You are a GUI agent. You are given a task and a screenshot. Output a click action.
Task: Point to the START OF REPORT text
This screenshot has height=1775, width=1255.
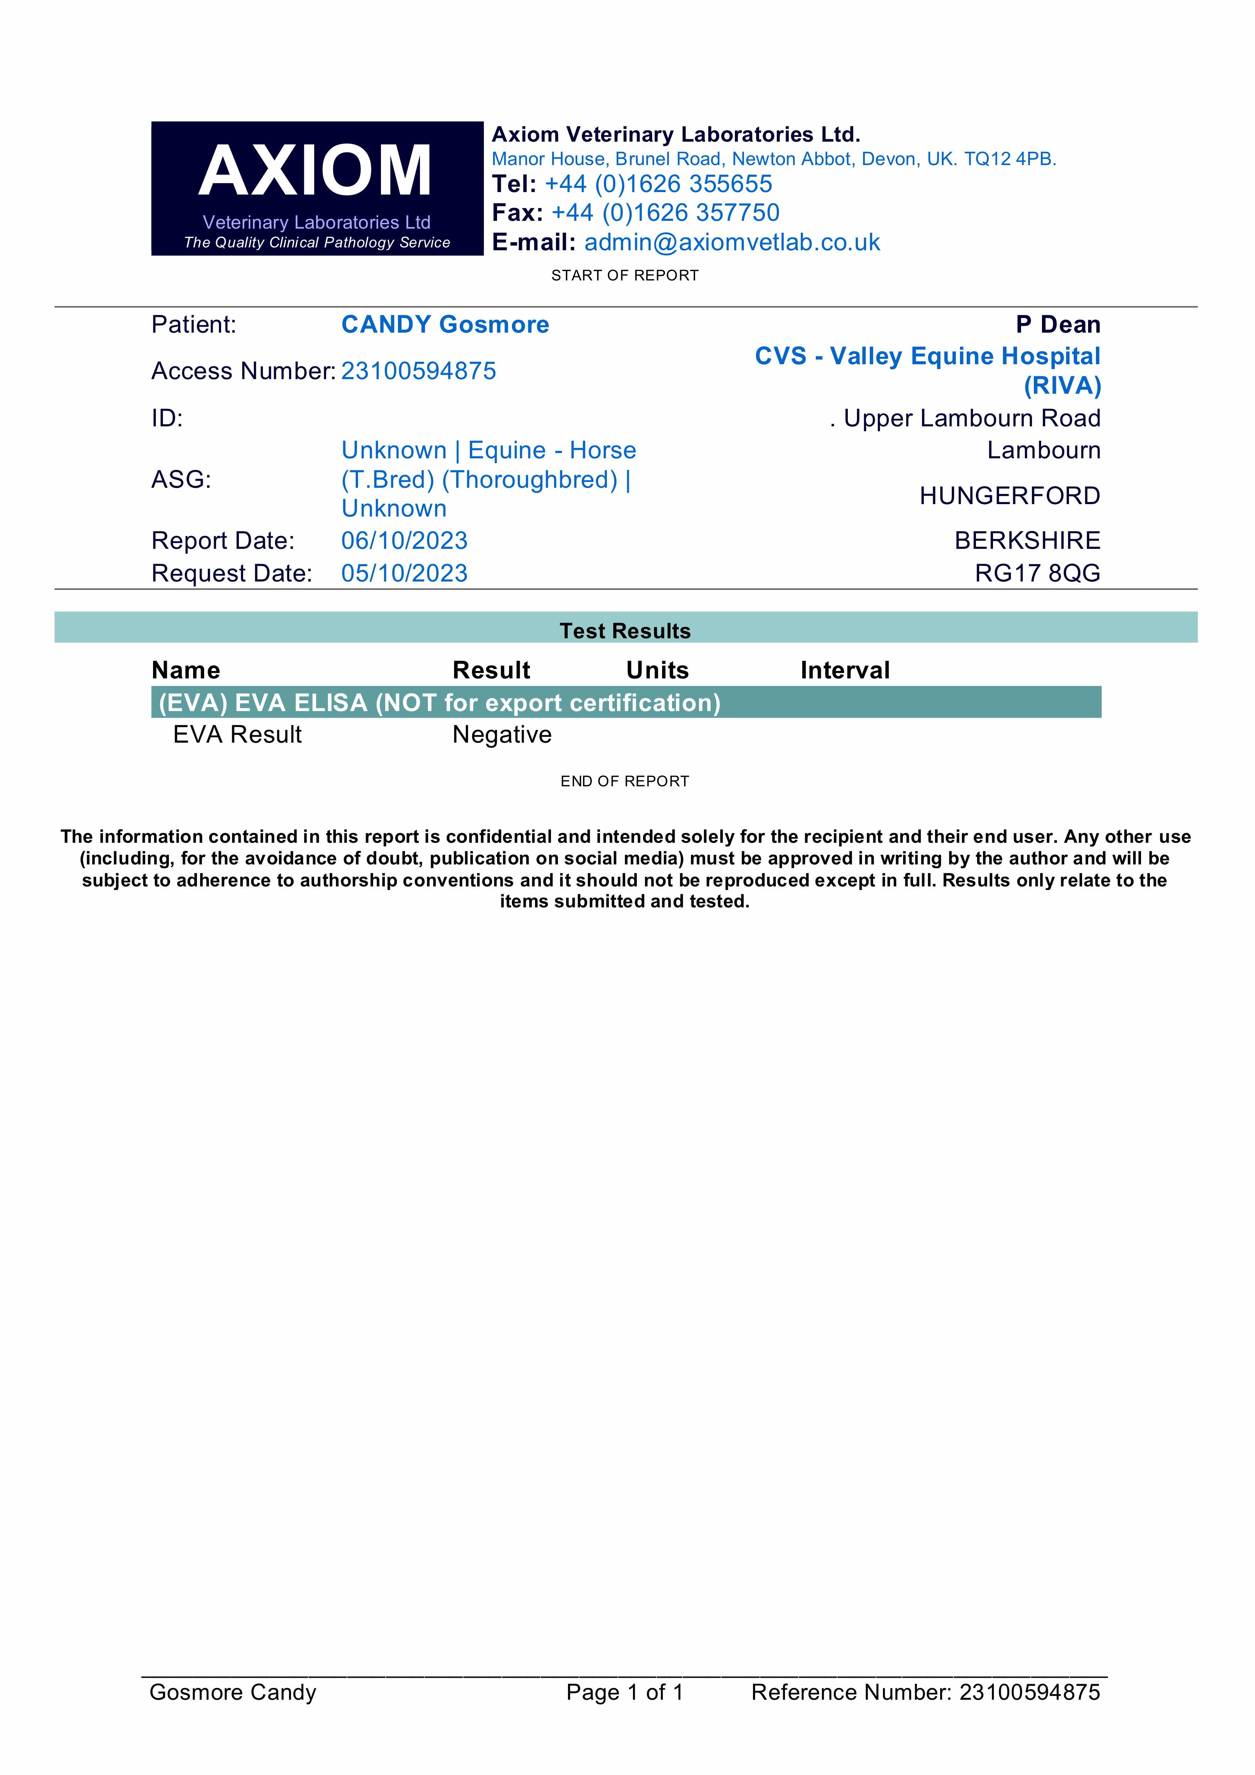click(x=625, y=276)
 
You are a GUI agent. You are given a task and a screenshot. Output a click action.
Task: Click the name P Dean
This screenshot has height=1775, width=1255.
click(x=1058, y=325)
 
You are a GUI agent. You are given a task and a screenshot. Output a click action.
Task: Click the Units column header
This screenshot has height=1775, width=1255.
click(x=657, y=670)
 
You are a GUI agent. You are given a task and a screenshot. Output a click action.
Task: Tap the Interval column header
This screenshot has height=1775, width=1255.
click(x=845, y=670)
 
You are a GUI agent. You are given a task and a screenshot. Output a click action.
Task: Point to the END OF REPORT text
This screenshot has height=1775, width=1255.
click(x=625, y=782)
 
